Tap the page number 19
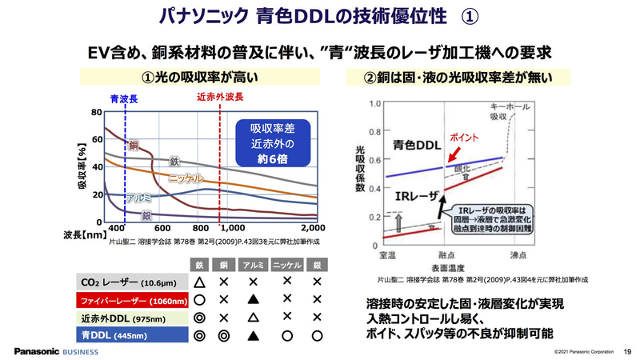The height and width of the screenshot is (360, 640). (x=627, y=350)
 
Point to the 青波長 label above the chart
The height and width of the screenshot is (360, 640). (x=126, y=99)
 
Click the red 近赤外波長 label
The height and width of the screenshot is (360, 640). (x=219, y=99)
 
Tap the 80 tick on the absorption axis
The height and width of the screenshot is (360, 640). (x=96, y=113)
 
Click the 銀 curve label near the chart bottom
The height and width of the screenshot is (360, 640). (x=146, y=215)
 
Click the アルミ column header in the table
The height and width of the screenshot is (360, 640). (x=254, y=265)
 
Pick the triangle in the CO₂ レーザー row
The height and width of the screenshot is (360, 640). (x=201, y=282)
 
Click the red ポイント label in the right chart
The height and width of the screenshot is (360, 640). (x=465, y=137)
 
